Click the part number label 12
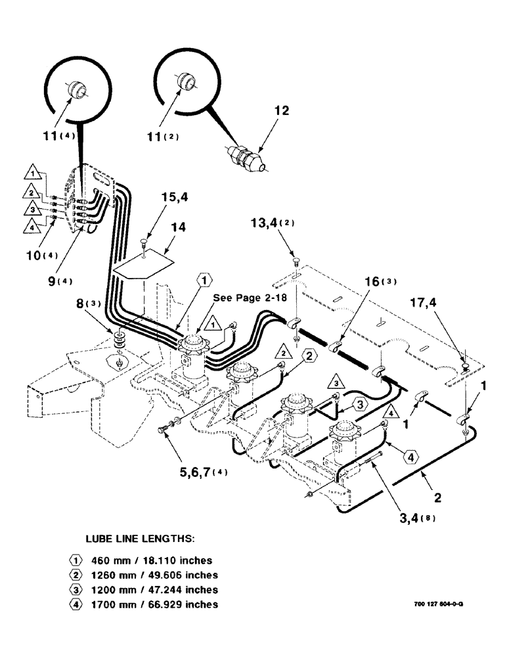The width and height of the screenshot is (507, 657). (x=282, y=112)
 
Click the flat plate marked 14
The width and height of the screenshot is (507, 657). (x=144, y=263)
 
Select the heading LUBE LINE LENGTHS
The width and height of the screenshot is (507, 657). (x=139, y=538)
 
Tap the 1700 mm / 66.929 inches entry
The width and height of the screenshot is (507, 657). (x=163, y=604)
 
